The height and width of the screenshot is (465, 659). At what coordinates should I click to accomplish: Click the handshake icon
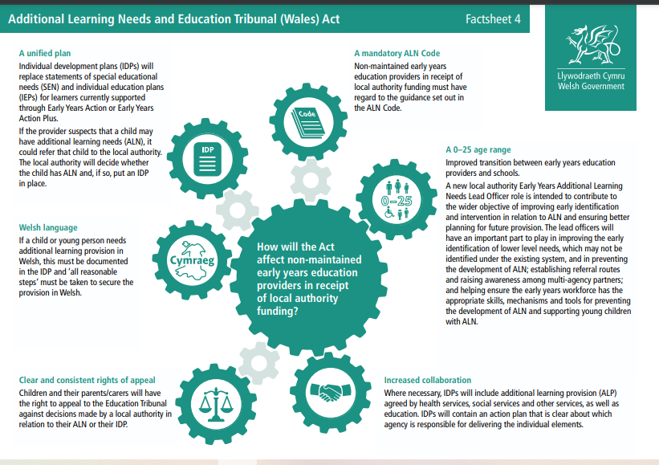tap(327, 393)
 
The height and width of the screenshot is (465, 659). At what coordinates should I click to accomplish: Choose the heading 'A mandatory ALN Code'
tap(397, 53)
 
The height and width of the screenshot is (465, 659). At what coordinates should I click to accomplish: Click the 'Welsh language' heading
tap(48, 228)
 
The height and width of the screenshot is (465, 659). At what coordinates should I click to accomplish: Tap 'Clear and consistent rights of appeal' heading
tap(87, 380)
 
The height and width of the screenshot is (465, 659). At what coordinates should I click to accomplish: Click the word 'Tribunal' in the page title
tap(248, 19)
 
